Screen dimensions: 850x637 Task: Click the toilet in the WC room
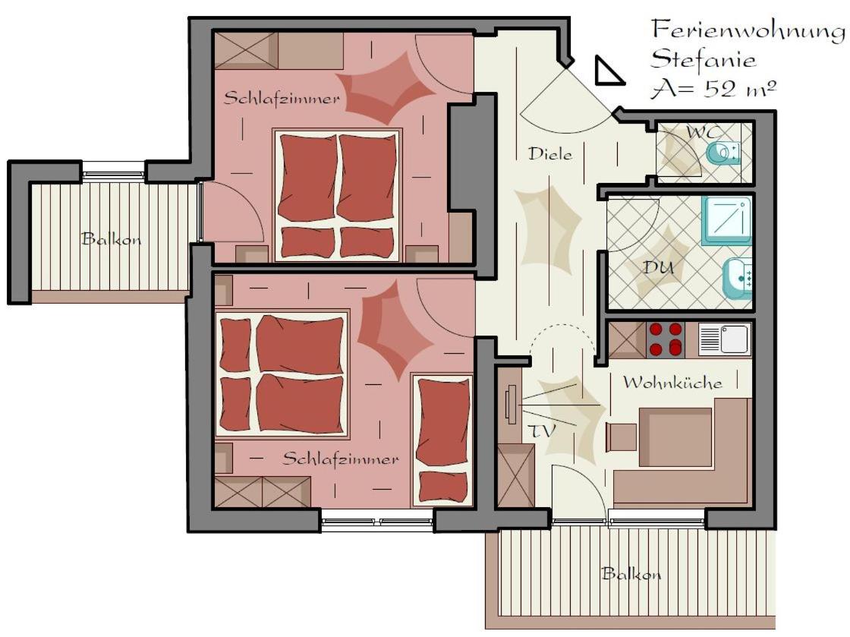[723, 153]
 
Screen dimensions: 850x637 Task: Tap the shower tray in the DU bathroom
[728, 221]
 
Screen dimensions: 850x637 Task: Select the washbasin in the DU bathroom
[738, 278]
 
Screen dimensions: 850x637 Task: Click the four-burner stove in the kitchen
[666, 339]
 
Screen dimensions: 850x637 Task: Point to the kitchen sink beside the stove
[724, 339]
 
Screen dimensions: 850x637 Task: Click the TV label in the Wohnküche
[542, 431]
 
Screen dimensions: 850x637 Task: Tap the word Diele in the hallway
[550, 154]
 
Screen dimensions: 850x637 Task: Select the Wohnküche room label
[672, 382]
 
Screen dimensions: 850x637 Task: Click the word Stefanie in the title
[703, 59]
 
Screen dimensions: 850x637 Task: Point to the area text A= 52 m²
[713, 89]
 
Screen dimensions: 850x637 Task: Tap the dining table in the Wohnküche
[675, 437]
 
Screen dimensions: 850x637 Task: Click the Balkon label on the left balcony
[111, 238]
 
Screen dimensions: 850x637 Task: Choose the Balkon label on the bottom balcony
[631, 573]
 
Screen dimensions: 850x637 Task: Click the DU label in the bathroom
[658, 267]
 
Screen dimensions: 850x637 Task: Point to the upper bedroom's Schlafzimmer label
[282, 99]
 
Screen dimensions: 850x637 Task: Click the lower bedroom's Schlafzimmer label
[341, 459]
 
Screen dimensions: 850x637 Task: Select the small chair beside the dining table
[622, 437]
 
